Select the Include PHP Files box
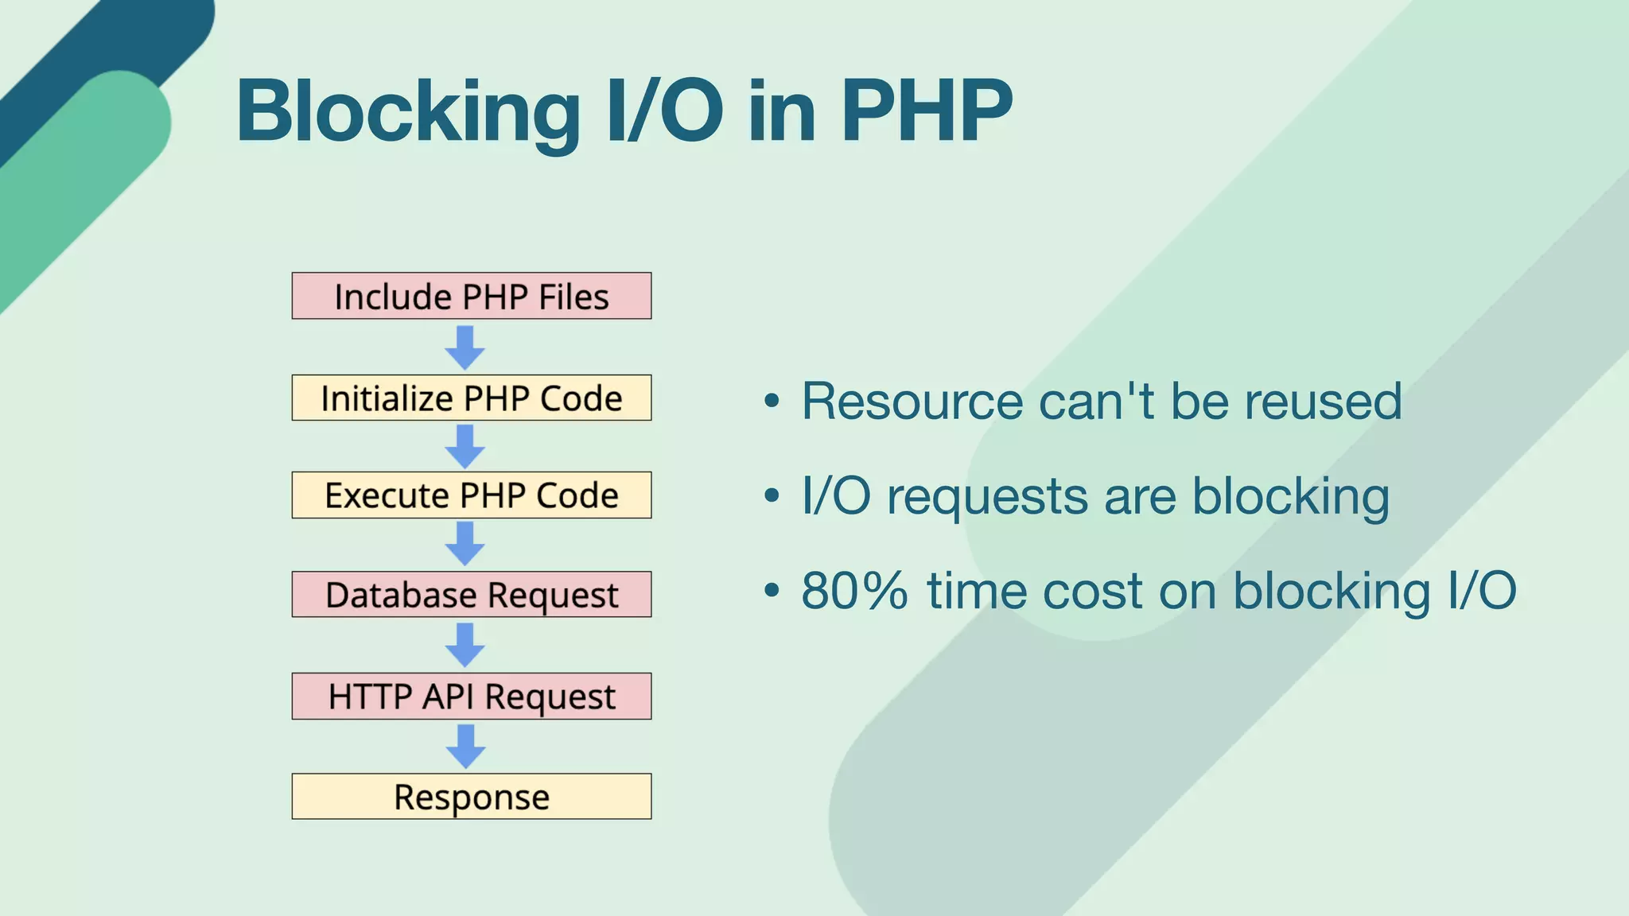tap(471, 296)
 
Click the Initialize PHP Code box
tap(471, 398)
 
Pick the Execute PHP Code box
tap(471, 495)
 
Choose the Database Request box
tap(471, 594)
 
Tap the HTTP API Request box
tap(471, 696)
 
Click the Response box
tap(471, 796)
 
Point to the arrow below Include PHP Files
tap(465, 347)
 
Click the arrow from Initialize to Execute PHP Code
tap(465, 446)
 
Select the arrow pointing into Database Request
tap(465, 544)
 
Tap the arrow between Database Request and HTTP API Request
tap(465, 645)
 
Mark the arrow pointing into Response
tap(465, 746)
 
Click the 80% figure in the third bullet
tap(854, 591)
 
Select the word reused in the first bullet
tap(1323, 401)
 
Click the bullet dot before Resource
tap(772, 402)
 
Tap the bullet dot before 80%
tap(772, 592)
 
